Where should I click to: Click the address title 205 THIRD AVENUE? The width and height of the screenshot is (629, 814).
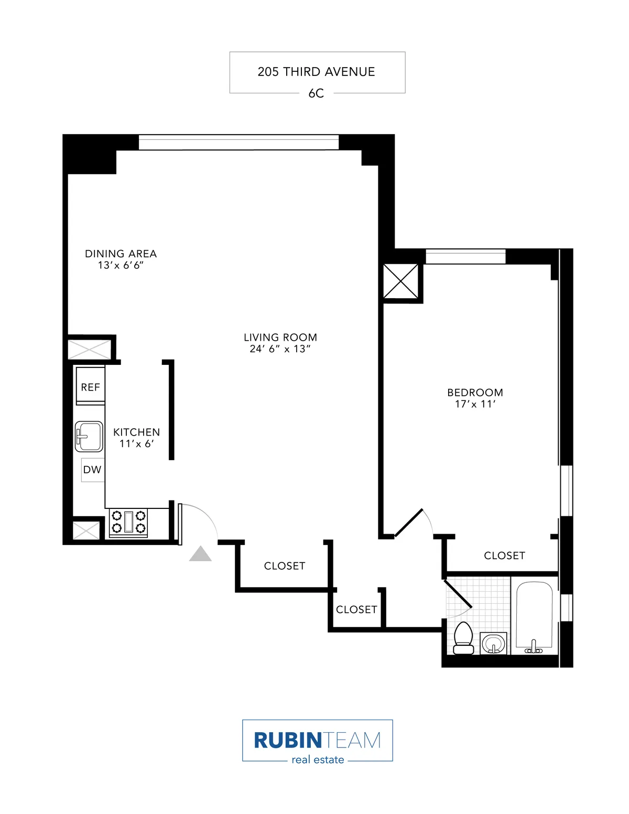click(316, 72)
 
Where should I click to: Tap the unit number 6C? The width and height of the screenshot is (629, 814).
click(316, 93)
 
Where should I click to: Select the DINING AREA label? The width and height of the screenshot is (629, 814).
click(121, 254)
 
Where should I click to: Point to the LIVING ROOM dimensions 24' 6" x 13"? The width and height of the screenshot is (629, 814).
click(280, 349)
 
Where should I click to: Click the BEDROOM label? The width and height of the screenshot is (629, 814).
click(475, 393)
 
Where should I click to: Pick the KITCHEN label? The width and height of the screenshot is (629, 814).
click(136, 432)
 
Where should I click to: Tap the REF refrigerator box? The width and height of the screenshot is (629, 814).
click(90, 387)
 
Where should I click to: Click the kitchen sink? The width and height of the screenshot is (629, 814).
click(89, 436)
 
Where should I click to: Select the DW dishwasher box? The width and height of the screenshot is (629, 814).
click(92, 470)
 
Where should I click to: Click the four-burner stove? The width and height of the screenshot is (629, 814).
click(128, 523)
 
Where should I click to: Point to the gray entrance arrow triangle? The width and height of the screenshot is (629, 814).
click(200, 555)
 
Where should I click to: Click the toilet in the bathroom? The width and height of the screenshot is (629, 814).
click(463, 638)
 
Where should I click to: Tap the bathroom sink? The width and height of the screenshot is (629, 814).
click(493, 643)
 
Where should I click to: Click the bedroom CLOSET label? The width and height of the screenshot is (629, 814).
click(504, 556)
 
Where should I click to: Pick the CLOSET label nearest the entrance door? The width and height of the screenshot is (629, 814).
click(284, 566)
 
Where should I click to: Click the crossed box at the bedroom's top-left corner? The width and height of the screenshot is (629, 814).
click(401, 281)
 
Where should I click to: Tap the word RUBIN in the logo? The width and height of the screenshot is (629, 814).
click(287, 740)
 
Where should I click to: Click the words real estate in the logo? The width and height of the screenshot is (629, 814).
click(318, 760)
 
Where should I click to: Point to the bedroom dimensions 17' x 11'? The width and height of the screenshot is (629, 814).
click(475, 404)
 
